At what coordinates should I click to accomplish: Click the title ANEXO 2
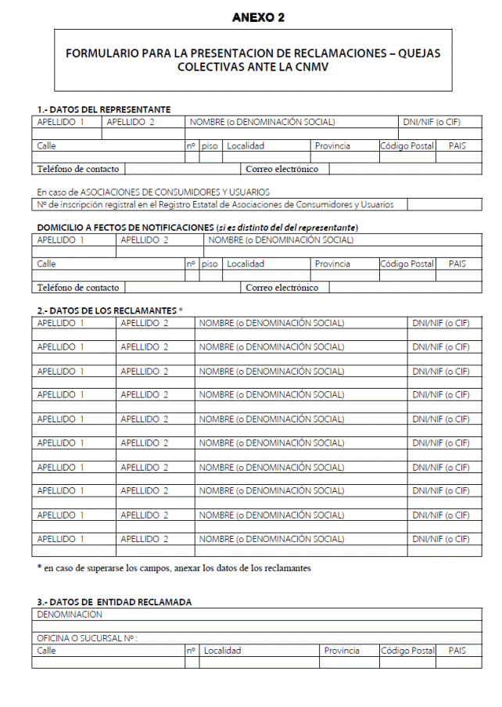[x=253, y=17]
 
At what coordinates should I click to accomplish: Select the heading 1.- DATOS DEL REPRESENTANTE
[x=103, y=109]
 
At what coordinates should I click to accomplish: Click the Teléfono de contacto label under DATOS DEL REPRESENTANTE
[x=77, y=169]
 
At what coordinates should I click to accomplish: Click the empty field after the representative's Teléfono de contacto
[x=182, y=169]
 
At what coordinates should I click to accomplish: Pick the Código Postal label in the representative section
[x=407, y=146]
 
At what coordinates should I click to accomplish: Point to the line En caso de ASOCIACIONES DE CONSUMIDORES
[x=152, y=192]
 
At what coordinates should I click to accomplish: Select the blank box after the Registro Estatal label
[x=443, y=204]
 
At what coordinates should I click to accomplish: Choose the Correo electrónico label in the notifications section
[x=281, y=287]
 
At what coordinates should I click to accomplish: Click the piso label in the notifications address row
[x=210, y=264]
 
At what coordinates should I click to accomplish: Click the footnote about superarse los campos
[x=174, y=568]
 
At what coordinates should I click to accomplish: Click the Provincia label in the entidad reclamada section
[x=342, y=651]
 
